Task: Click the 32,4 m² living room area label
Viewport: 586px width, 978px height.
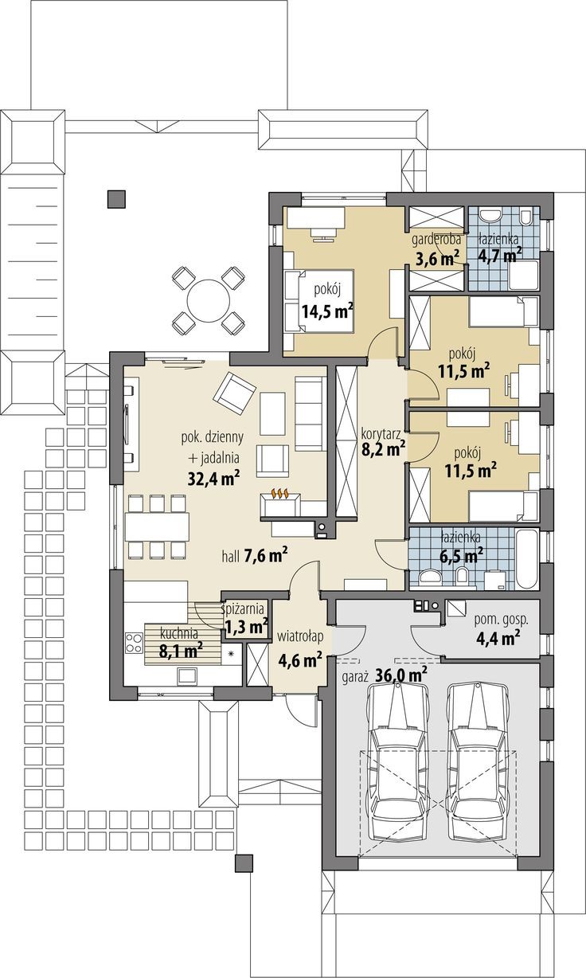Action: [214, 478]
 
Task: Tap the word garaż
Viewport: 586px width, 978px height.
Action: [356, 677]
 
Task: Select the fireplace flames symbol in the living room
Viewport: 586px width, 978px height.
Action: [280, 494]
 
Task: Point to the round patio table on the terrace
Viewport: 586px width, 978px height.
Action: [209, 300]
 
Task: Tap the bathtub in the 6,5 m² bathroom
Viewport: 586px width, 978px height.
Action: [527, 559]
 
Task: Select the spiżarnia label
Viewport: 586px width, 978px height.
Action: [243, 608]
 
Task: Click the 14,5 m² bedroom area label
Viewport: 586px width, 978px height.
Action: [327, 311]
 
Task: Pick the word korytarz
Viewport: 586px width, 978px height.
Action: [381, 435]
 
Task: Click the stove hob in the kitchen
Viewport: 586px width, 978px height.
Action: [134, 644]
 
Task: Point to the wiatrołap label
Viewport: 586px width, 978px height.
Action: [300, 637]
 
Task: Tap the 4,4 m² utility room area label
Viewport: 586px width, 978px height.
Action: [498, 639]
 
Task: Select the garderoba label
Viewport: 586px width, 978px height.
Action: [437, 239]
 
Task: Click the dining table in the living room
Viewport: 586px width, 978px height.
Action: [157, 527]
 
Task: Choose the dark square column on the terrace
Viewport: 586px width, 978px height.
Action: [116, 199]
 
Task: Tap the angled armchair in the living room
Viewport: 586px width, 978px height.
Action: [234, 393]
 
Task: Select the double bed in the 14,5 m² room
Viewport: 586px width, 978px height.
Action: [318, 301]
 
